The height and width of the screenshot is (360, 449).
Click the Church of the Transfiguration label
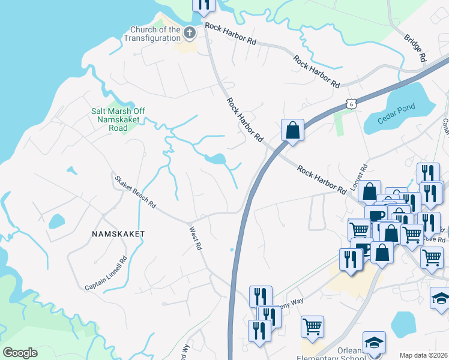pyautogui.click(x=152, y=34)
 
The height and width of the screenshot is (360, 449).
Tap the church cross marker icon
pyautogui.click(x=190, y=32)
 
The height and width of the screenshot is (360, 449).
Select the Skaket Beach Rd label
pyautogui.click(x=136, y=191)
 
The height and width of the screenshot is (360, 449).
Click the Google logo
pyautogui.click(x=20, y=352)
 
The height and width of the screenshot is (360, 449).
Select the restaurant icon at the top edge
pyautogui.click(x=203, y=4)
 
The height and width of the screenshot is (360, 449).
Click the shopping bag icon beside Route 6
pyautogui.click(x=292, y=130)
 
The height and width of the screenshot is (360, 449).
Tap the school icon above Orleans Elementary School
pyautogui.click(x=373, y=343)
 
